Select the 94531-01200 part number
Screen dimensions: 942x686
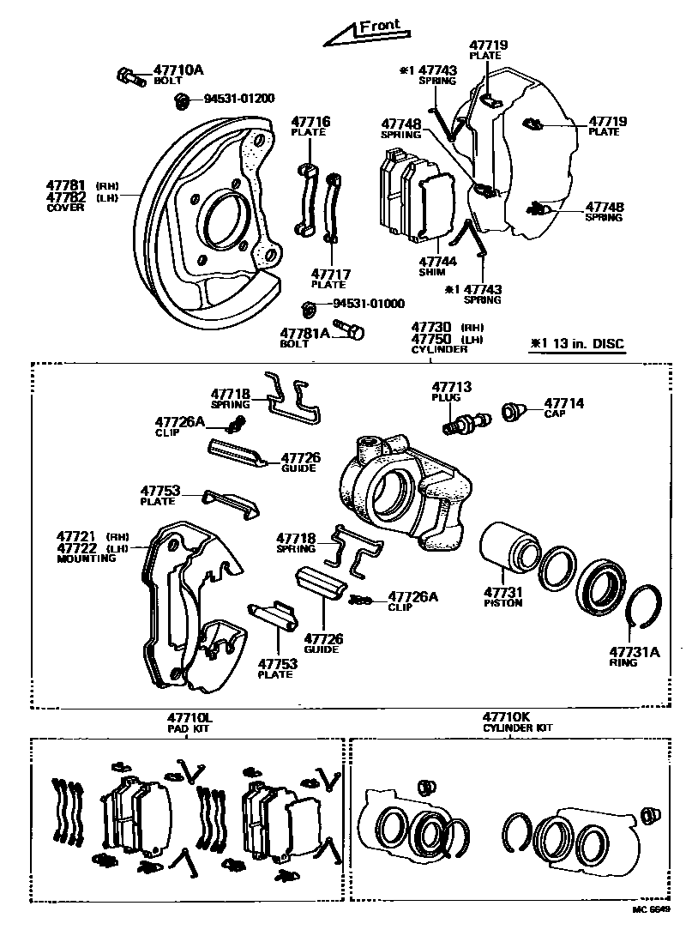pyautogui.click(x=238, y=99)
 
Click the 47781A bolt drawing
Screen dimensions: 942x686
pyautogui.click(x=347, y=329)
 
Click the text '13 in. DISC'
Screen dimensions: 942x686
pyautogui.click(x=586, y=344)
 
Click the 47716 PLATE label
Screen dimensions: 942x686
pyautogui.click(x=310, y=122)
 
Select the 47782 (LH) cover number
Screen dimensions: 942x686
pyautogui.click(x=67, y=196)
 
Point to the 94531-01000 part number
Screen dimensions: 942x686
pyautogui.click(x=369, y=304)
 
